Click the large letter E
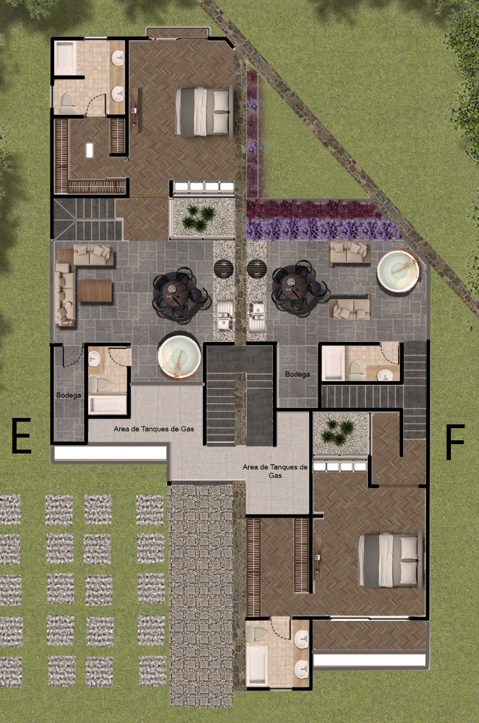click(21, 435)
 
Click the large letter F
click(455, 443)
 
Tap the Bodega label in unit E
click(69, 395)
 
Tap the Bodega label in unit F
click(297, 374)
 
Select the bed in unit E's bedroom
click(203, 112)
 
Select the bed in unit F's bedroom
click(390, 560)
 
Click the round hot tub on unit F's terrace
click(399, 271)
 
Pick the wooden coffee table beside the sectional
click(95, 291)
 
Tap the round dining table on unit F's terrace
click(295, 286)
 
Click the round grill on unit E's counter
click(223, 269)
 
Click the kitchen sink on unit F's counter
click(257, 317)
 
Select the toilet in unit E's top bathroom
click(68, 102)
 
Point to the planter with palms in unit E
click(202, 218)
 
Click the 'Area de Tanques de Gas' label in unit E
click(154, 429)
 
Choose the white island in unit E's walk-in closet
click(89, 151)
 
